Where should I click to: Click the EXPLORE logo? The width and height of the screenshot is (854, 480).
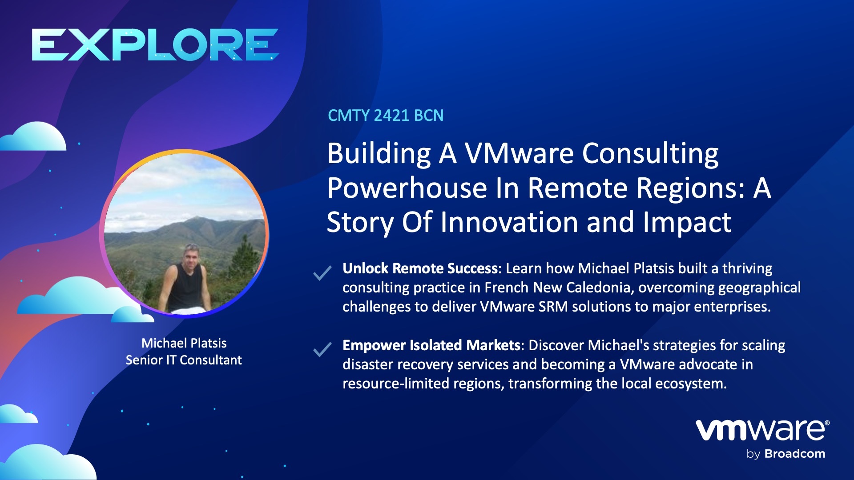pos(155,44)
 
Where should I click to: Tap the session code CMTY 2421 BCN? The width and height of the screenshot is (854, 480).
pos(386,116)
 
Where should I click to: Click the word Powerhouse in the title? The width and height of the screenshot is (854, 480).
pos(407,188)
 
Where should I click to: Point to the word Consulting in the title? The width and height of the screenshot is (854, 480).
pos(650,153)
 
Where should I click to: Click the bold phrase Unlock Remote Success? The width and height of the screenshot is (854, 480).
pos(420,268)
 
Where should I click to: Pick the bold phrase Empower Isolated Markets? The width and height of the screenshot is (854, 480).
pos(431,345)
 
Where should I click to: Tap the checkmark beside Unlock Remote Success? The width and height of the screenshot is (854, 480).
pos(322,272)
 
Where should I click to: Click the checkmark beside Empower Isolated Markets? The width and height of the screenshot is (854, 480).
pos(322,349)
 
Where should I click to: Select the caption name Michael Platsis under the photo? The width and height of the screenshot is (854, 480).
pos(184,343)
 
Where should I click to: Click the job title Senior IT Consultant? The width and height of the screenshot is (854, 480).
pos(184,360)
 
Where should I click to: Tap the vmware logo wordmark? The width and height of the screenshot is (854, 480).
pos(761,430)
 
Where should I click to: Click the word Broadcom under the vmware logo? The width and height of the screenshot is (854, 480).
pos(794,454)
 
